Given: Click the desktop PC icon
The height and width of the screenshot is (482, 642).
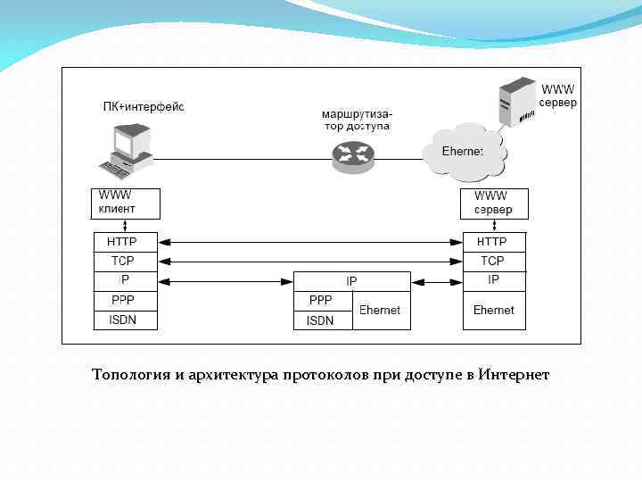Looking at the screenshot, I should (127, 150).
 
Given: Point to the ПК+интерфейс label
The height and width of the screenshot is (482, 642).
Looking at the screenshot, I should (143, 107).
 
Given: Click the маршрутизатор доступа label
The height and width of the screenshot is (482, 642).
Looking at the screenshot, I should (357, 120).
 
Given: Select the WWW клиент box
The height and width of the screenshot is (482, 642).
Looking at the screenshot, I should (126, 203).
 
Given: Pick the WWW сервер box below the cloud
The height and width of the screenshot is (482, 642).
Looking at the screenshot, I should (492, 203).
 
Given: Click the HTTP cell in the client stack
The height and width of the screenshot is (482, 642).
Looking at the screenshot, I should (126, 242).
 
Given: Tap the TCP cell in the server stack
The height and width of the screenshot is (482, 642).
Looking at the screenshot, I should (492, 262).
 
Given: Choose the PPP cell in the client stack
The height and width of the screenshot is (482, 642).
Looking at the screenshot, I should (126, 301).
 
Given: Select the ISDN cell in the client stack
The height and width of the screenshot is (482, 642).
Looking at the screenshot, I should (126, 320).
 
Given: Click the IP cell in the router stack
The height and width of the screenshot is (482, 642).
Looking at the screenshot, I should (352, 281).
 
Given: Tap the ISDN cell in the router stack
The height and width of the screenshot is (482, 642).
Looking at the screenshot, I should (323, 320).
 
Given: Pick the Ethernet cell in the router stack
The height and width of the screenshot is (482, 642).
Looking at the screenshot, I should (381, 311).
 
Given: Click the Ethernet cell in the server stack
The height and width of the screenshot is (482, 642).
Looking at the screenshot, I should (493, 311).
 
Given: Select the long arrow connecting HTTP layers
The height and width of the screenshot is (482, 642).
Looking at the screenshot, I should (310, 242).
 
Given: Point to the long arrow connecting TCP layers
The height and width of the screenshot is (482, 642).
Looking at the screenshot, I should (310, 262).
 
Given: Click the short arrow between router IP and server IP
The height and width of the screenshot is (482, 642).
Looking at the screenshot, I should (437, 281).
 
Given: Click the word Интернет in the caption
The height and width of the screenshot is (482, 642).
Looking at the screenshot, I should (514, 375).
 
